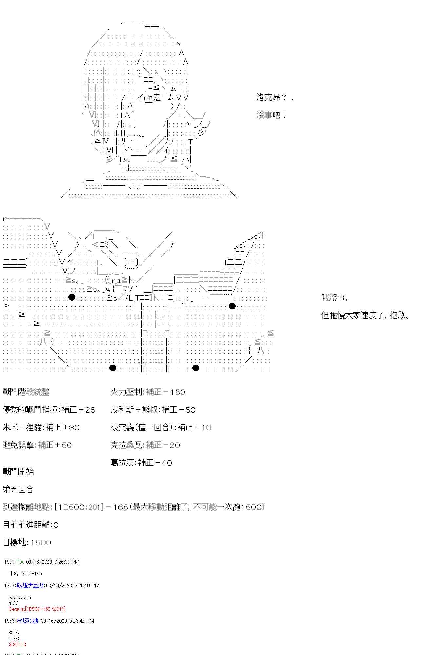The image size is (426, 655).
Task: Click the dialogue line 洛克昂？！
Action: point(275,97)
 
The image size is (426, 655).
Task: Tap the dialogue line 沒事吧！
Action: point(271,115)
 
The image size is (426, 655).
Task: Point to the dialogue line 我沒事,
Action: point(334,297)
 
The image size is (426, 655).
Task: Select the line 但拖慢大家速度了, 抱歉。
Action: point(365,315)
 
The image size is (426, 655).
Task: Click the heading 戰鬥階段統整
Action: point(26,392)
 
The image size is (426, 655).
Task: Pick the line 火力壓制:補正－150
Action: point(148,392)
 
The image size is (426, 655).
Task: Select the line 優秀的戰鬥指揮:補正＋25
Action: point(49,409)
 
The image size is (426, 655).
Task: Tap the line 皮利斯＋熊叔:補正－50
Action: point(153,409)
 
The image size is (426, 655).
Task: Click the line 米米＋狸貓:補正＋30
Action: point(41,427)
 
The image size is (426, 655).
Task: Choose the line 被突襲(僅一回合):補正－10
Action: point(161,427)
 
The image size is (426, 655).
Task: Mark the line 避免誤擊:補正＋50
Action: point(37,445)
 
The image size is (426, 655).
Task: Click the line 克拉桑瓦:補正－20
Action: point(145,445)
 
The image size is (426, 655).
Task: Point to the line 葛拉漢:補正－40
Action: point(141,462)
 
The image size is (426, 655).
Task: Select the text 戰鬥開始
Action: point(18,471)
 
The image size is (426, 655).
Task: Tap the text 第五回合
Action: point(18,489)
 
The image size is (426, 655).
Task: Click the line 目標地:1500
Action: point(27,542)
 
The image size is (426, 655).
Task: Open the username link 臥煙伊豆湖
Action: point(30,585)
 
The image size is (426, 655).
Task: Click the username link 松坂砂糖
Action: point(28,621)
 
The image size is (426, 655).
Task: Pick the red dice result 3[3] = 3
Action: point(17,644)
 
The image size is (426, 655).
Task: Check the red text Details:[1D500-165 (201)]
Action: point(37,609)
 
